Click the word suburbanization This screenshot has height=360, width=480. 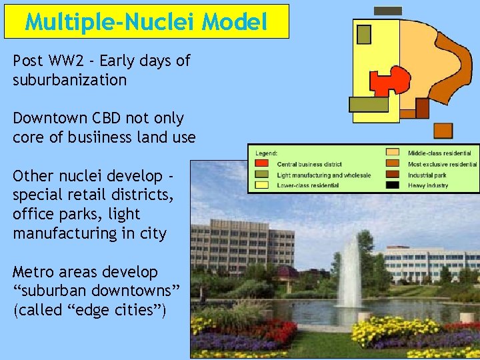tap(69, 81)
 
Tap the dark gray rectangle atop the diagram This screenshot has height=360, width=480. tap(388, 11)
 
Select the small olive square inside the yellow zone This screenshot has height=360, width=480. tap(364, 34)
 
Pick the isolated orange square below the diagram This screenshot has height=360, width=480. tap(443, 131)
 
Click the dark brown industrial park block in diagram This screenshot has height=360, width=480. tap(422, 108)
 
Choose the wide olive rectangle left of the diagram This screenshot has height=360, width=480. tap(369, 104)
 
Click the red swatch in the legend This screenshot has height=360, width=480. tap(263, 164)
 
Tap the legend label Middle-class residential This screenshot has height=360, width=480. tap(439, 153)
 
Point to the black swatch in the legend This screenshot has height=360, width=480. tap(393, 185)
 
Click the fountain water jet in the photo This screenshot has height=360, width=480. tap(349, 273)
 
